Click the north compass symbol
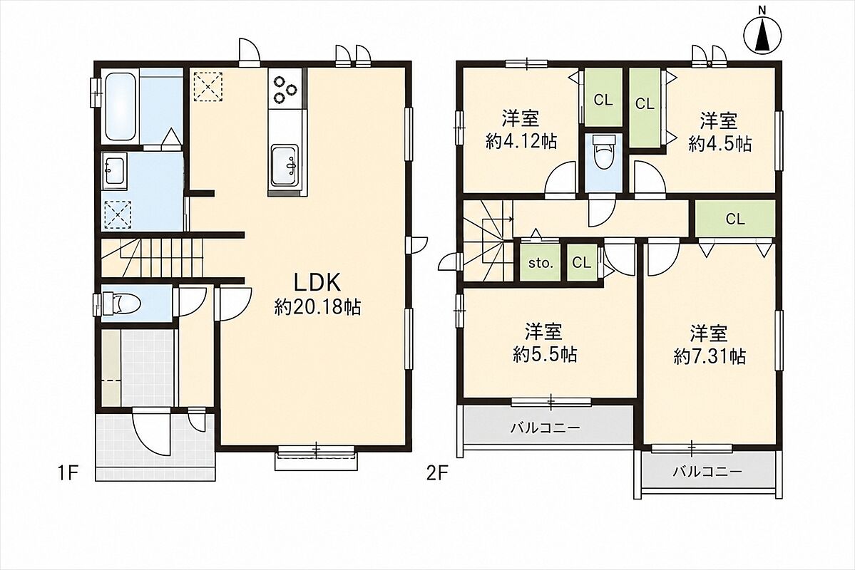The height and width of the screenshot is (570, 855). tap(763, 33)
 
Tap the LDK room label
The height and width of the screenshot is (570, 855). tap(317, 283)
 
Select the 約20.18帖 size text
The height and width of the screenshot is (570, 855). tap(317, 308)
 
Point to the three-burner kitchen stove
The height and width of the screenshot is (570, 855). tap(286, 89)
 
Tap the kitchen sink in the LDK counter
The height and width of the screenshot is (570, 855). tap(285, 166)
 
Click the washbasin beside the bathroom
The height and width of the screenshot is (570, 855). tap(114, 170)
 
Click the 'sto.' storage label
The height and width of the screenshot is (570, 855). tap(541, 263)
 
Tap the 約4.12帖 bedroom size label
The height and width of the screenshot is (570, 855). tap(521, 142)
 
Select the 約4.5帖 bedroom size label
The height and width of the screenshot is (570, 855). tap(720, 143)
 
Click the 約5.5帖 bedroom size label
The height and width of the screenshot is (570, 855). tap(544, 354)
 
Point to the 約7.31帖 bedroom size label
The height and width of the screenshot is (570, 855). tap(710, 356)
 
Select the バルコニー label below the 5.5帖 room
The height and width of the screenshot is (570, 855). tap(545, 427)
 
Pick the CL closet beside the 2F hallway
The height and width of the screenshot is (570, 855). tap(735, 219)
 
